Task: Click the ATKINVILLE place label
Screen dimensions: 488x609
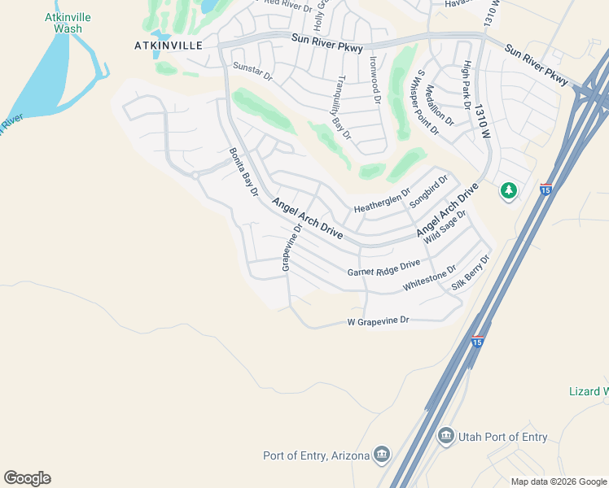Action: click(168, 46)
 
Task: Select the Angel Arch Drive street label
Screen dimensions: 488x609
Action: click(307, 218)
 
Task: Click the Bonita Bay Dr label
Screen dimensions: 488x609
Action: click(243, 172)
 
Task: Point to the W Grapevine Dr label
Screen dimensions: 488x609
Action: click(378, 322)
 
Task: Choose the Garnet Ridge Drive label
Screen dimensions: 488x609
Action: click(383, 268)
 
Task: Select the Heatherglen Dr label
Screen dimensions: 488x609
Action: click(382, 200)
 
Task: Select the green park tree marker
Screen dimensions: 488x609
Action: click(509, 190)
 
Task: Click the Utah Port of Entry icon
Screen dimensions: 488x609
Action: click(445, 436)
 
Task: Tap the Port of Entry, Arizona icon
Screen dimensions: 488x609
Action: click(381, 454)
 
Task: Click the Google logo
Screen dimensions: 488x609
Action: click(27, 478)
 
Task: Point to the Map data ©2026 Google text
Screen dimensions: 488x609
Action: click(558, 481)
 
